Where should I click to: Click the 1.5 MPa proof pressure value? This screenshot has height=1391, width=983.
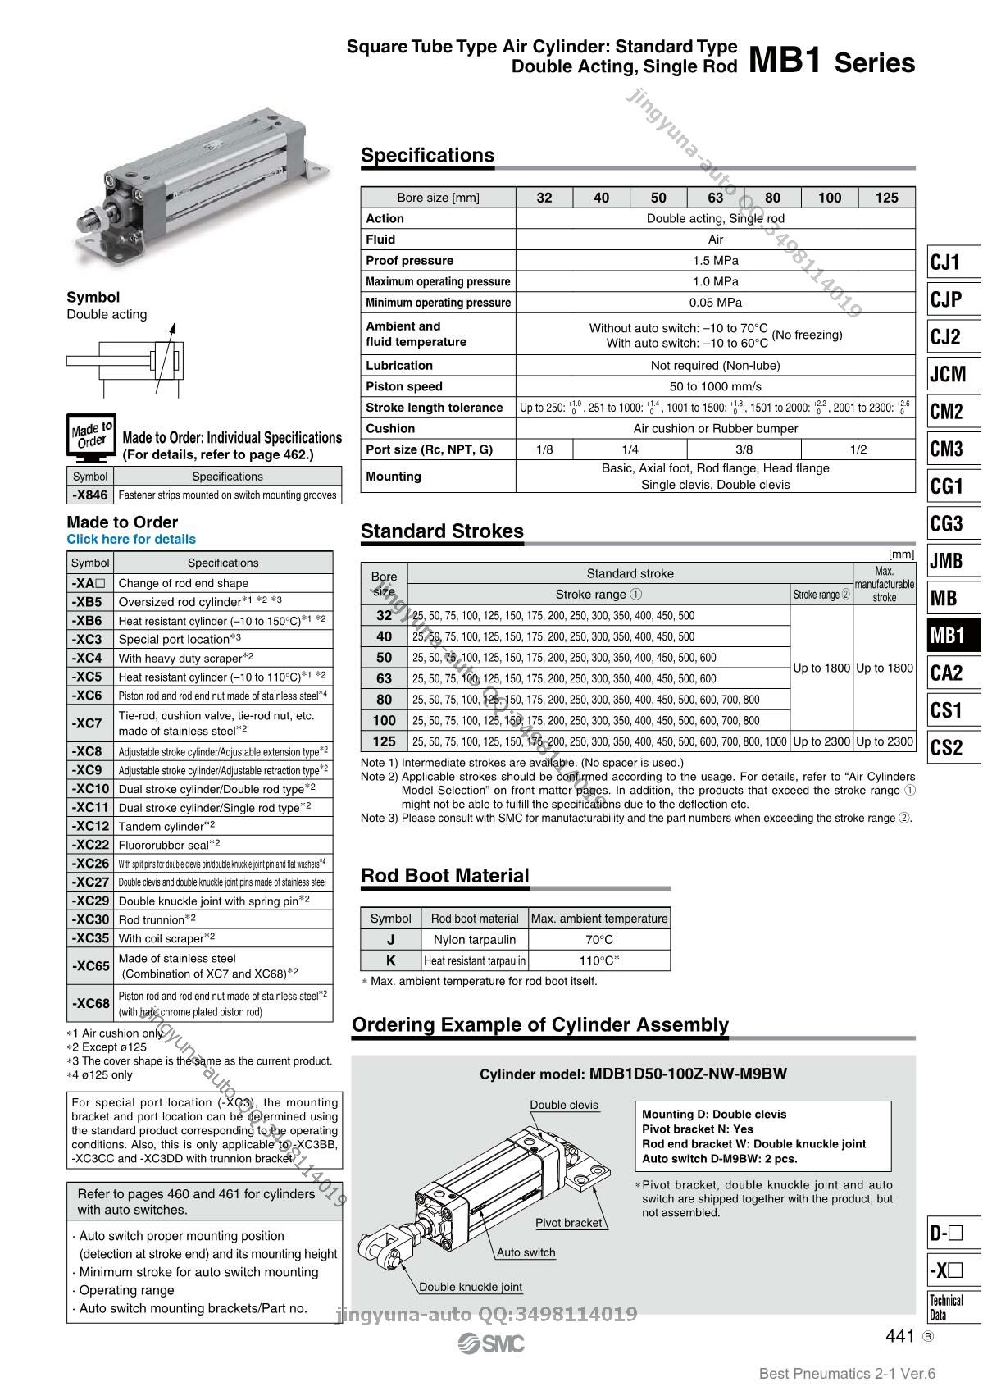coord(715,260)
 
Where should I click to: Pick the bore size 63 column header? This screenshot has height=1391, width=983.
coord(715,197)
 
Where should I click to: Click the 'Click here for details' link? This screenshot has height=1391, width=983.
coord(131,539)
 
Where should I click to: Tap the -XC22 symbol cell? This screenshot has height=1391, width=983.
coord(90,845)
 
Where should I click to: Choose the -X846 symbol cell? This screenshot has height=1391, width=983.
coord(89,495)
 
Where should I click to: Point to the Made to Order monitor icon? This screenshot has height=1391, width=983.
coord(90,436)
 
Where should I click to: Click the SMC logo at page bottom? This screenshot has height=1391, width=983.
coord(491,1343)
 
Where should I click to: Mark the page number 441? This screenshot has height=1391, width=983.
coord(899,1336)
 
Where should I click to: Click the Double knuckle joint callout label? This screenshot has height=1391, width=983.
coord(471,1287)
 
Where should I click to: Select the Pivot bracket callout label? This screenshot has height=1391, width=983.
coord(568,1223)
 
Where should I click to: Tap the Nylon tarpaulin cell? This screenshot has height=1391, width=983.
coord(475,939)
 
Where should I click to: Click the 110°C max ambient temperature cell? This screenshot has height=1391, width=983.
coord(599,960)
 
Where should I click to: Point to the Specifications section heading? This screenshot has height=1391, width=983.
coord(427,155)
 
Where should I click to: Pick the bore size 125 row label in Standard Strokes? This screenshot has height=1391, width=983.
coord(384,741)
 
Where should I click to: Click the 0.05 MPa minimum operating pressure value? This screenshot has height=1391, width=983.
coord(715,302)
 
